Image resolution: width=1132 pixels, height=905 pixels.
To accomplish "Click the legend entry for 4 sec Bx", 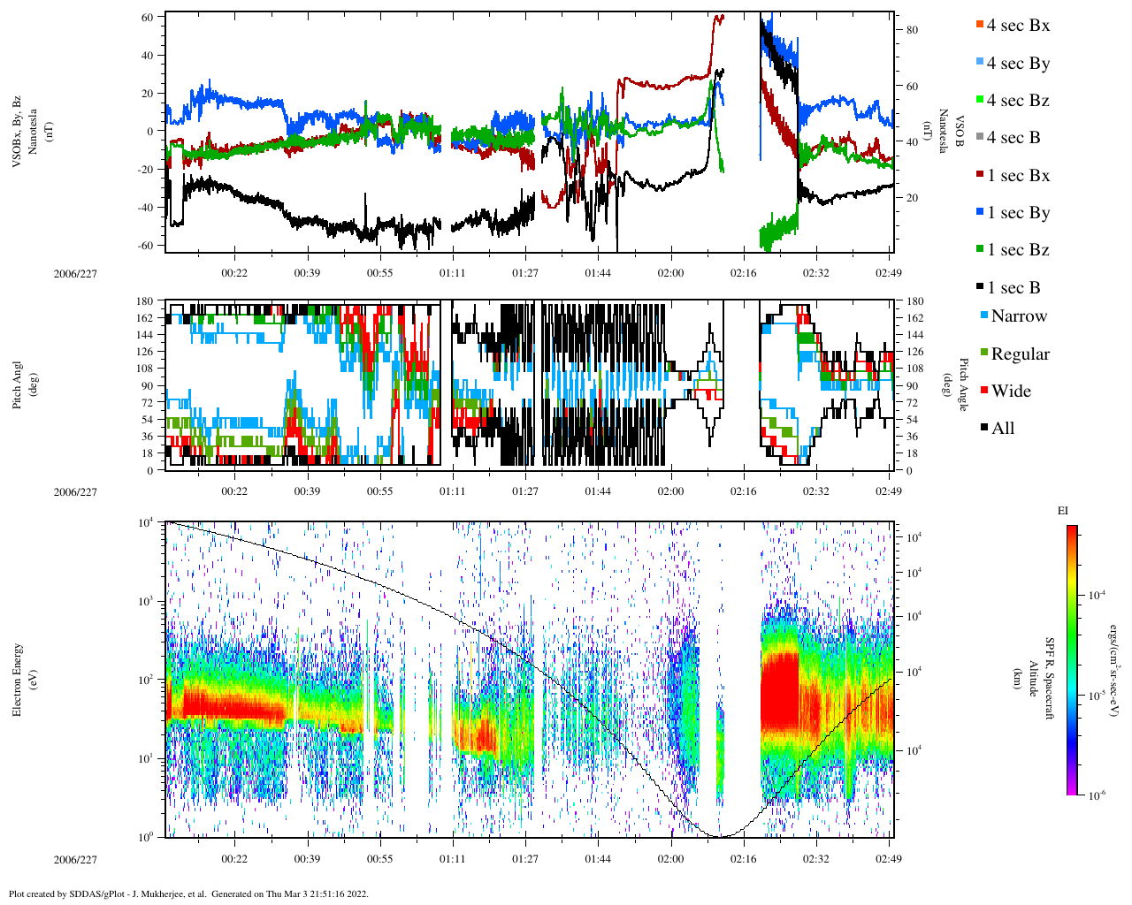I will (x=1017, y=26).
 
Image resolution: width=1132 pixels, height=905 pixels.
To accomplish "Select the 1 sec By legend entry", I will (x=1017, y=213).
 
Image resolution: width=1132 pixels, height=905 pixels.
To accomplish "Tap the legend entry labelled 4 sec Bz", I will (x=1017, y=101).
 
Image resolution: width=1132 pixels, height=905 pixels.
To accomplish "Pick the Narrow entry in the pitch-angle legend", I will (x=1018, y=316).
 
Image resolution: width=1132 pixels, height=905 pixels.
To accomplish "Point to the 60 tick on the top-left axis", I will (x=147, y=17).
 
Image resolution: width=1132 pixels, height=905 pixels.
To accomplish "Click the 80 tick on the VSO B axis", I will (x=912, y=30).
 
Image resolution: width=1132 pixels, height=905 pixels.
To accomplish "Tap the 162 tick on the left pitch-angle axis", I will (x=144, y=318).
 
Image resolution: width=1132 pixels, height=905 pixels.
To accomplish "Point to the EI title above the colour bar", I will (x=1063, y=511).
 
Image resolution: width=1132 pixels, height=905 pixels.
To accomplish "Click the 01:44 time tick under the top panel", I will (x=598, y=273).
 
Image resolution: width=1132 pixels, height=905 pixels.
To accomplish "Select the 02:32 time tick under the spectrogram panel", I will (x=815, y=858).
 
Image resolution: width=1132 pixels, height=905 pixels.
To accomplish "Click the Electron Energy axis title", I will (x=17, y=679).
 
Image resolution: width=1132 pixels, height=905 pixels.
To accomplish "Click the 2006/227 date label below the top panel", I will (x=75, y=273).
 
